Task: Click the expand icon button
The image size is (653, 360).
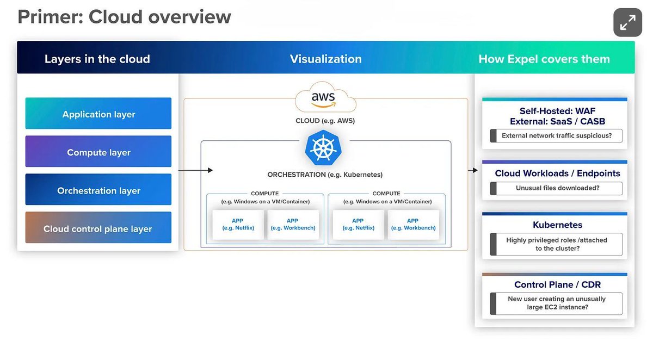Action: (627, 22)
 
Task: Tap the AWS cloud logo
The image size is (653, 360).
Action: (325, 100)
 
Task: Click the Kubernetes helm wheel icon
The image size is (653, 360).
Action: (325, 148)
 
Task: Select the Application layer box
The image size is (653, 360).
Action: (98, 114)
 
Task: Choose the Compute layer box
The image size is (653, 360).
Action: (98, 152)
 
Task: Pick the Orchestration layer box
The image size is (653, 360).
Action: (98, 190)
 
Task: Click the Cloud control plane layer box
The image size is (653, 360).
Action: (98, 228)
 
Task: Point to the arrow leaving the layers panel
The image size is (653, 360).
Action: (195, 170)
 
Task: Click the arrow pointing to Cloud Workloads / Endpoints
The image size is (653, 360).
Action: (473, 170)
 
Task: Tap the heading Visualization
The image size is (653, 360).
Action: (325, 59)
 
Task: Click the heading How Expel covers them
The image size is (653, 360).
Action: (544, 59)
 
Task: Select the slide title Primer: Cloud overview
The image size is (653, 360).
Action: (125, 17)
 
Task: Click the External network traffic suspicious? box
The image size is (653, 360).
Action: (556, 136)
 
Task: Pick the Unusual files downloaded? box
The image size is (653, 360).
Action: (556, 188)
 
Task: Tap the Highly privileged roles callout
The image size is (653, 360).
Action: (556, 244)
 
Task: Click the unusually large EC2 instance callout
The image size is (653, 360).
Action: (556, 303)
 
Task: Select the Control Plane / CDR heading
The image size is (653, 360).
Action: (557, 284)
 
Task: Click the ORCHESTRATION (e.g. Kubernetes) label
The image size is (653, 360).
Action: (325, 175)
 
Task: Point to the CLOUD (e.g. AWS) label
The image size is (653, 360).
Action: (325, 120)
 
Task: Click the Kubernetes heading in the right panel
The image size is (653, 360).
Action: (557, 225)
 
